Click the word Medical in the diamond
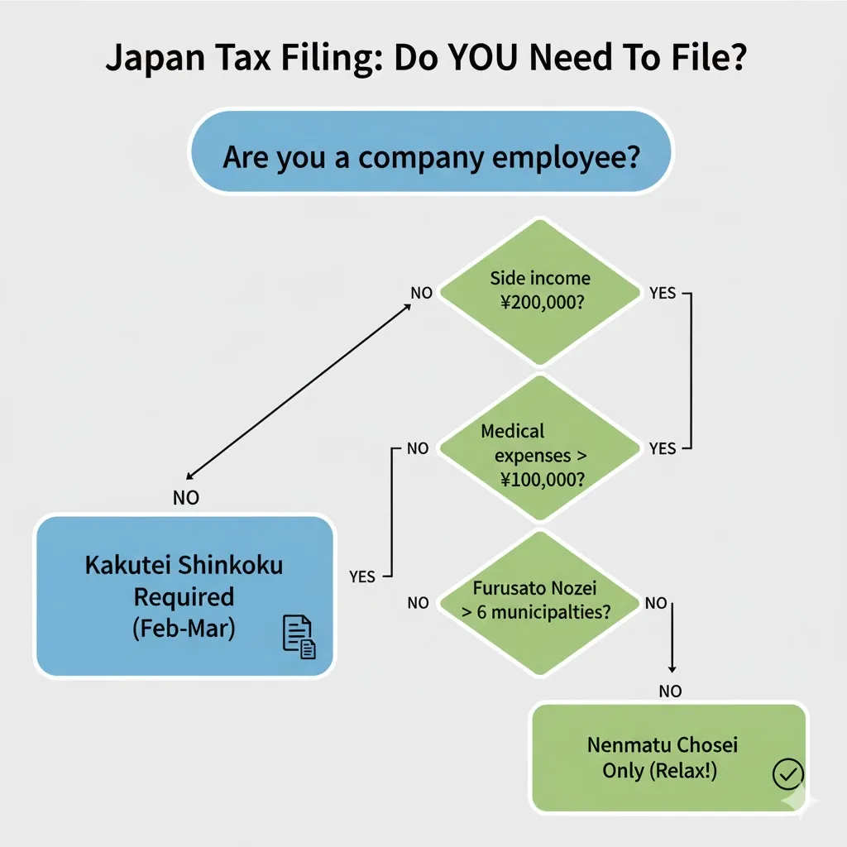pos(513,431)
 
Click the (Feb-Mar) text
pos(184,628)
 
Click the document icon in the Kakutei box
pos(299,637)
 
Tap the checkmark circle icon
pos(787,774)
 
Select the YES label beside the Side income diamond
pos(663,294)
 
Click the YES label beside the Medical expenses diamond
pos(663,448)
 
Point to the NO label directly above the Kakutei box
pos(185,498)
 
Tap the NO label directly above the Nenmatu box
pos(671,690)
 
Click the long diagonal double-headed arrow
pos(299,391)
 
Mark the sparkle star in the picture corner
pos(799,802)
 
